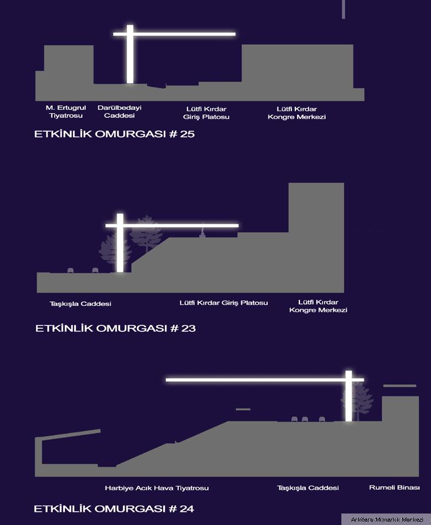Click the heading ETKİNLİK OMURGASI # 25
(x=114, y=134)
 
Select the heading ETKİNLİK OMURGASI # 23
(x=116, y=328)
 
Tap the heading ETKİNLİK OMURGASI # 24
(x=114, y=508)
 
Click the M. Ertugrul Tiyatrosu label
(x=66, y=112)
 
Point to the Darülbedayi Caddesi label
(x=120, y=112)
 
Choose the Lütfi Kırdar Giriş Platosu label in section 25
(x=206, y=113)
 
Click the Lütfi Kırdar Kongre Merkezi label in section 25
(x=297, y=113)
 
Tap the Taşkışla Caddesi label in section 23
(x=80, y=304)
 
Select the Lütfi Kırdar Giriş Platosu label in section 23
(x=224, y=302)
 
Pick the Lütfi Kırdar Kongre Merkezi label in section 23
(x=318, y=306)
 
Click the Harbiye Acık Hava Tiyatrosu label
(x=157, y=488)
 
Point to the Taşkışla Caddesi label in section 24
(x=308, y=488)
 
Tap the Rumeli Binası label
(x=394, y=488)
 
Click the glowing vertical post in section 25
(x=130, y=54)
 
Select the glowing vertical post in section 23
(x=120, y=243)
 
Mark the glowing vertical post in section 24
(x=349, y=396)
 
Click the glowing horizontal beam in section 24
(x=265, y=380)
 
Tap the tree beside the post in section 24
(x=358, y=400)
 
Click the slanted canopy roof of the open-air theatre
(x=68, y=435)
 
